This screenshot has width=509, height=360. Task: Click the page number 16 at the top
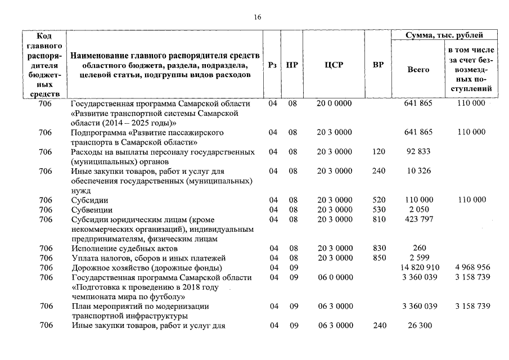(x=257, y=17)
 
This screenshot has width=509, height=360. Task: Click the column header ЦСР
(x=334, y=65)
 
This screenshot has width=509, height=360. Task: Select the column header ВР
(x=379, y=65)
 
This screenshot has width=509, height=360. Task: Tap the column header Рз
(x=272, y=65)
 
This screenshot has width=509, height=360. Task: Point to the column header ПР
(x=292, y=65)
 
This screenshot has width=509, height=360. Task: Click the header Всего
(x=418, y=70)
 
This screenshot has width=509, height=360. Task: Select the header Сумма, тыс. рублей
(x=444, y=35)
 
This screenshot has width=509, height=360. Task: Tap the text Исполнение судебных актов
(x=124, y=248)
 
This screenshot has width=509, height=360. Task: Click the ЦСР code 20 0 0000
(x=334, y=103)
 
